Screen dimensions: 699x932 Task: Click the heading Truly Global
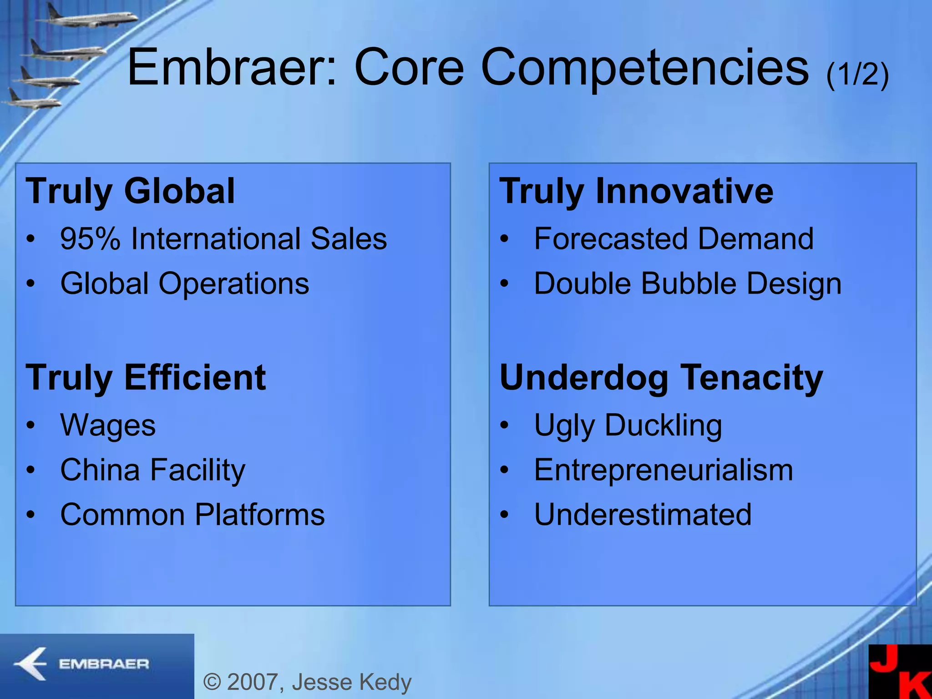(x=130, y=191)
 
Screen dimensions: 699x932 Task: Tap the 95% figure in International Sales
(x=90, y=239)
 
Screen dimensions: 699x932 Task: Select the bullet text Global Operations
(x=184, y=284)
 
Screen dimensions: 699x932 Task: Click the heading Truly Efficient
(x=146, y=378)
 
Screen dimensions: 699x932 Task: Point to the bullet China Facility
(x=152, y=470)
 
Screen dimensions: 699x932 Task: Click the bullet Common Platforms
(x=192, y=515)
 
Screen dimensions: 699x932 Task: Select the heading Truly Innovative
(x=636, y=191)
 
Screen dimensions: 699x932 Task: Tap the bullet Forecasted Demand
(x=674, y=239)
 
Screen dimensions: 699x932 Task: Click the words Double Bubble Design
(x=687, y=284)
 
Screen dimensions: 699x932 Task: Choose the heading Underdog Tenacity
(x=661, y=378)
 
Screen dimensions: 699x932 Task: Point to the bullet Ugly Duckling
(x=628, y=425)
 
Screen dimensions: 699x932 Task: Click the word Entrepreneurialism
(x=663, y=470)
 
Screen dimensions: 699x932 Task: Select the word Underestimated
(x=643, y=515)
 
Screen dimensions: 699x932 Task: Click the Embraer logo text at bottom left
(x=104, y=664)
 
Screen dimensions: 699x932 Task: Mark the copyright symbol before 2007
(x=212, y=682)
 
